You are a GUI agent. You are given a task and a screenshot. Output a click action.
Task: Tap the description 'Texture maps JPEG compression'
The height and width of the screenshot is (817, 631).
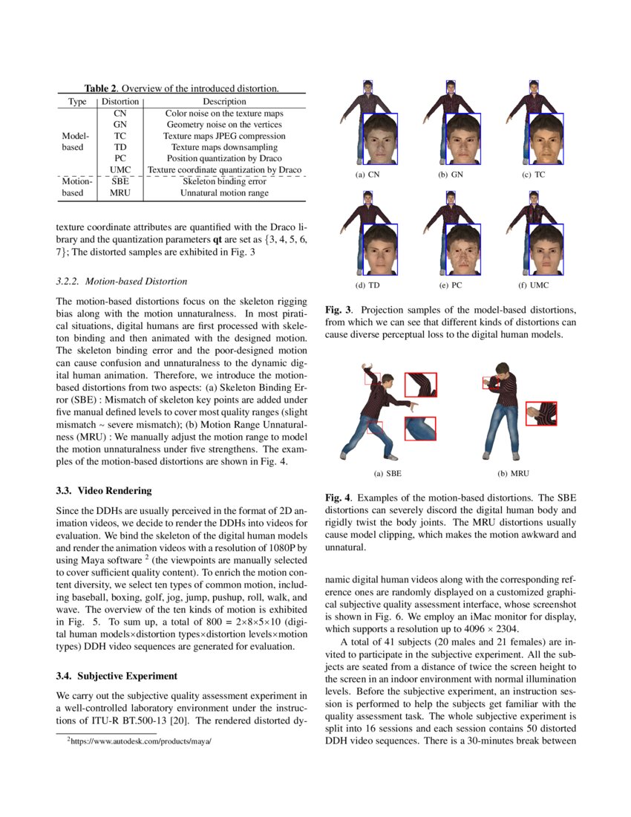[x=224, y=136]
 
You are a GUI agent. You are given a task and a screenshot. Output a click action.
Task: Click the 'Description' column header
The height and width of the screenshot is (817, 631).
[x=224, y=101]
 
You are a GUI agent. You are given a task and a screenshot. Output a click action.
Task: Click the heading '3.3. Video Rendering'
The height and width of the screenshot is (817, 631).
[x=104, y=491]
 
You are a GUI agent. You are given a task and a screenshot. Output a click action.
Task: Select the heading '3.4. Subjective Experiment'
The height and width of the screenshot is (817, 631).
[x=117, y=676]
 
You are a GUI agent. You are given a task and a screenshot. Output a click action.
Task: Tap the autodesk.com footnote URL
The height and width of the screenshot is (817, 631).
[x=139, y=740]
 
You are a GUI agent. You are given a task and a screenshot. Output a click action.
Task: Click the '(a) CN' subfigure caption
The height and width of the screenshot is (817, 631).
[x=368, y=175]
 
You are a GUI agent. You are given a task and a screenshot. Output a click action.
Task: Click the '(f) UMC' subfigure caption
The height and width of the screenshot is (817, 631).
[x=534, y=285]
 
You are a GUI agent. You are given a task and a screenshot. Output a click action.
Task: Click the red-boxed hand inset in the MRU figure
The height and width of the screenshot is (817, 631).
[x=541, y=413]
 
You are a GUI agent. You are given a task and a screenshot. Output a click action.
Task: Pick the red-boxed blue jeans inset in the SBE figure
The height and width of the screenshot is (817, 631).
[x=420, y=428]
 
